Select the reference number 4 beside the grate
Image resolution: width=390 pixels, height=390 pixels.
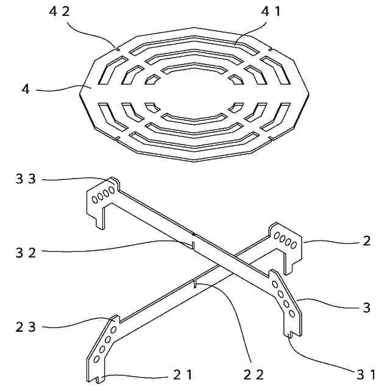click(x=26, y=90)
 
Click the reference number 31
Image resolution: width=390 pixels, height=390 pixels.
click(x=367, y=373)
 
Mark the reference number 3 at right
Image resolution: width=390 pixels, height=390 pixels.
click(x=366, y=308)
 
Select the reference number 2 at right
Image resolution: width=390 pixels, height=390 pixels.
click(x=366, y=240)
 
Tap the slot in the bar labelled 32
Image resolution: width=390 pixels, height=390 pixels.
click(x=193, y=244)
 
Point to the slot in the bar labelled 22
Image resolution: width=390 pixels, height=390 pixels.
click(x=194, y=283)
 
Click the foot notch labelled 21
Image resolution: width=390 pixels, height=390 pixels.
click(x=98, y=379)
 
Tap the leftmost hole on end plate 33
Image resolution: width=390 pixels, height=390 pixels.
click(x=94, y=199)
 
